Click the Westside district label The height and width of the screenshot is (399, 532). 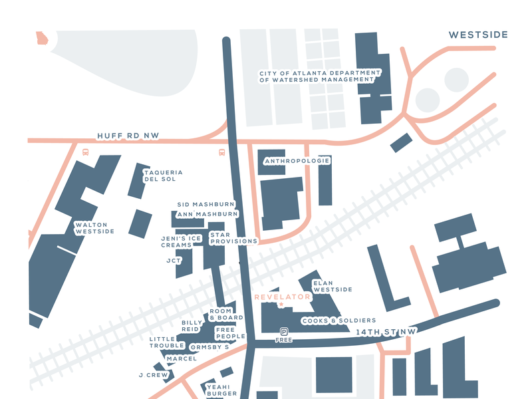(x=478, y=35)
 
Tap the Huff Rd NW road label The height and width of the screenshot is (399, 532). (x=128, y=136)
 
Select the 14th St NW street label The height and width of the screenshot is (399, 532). (x=385, y=331)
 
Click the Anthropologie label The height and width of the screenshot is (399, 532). (x=297, y=161)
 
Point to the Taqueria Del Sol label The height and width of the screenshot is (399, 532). (x=163, y=176)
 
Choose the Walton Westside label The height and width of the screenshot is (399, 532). (x=94, y=228)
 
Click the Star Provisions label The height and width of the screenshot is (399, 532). (x=233, y=238)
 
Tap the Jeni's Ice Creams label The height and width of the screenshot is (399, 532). (x=181, y=241)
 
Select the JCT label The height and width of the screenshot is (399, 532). (x=174, y=261)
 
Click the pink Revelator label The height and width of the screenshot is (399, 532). (x=283, y=297)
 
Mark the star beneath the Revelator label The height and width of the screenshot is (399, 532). (x=281, y=305)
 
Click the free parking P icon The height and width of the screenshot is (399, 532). (x=284, y=332)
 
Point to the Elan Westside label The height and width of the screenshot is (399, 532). (x=332, y=286)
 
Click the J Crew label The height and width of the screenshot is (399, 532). (x=154, y=375)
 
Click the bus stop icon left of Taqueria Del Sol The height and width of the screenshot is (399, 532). (x=86, y=152)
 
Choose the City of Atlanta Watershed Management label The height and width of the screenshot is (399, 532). (x=320, y=76)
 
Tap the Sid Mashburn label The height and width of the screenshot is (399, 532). (x=206, y=204)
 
